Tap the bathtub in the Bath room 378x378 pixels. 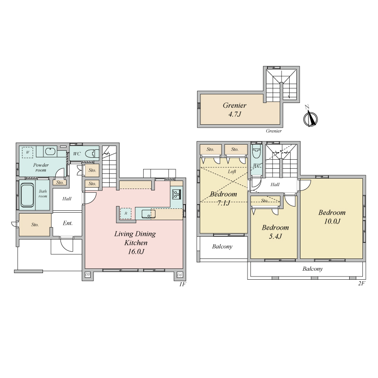(x=27, y=195)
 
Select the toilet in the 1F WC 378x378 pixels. (x=92, y=153)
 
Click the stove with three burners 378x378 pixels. (x=176, y=194)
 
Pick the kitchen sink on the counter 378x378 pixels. (x=148, y=214)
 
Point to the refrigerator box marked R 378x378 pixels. (x=126, y=214)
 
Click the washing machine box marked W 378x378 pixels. (x=27, y=152)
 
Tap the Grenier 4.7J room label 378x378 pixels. (x=234, y=110)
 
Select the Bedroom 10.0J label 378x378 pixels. (x=332, y=217)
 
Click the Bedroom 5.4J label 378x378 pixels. (x=275, y=232)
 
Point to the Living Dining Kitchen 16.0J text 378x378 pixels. (x=135, y=242)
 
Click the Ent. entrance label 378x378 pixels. (x=68, y=223)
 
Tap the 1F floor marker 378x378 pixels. (x=182, y=284)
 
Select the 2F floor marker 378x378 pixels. (x=361, y=283)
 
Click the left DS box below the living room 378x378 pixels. (x=87, y=275)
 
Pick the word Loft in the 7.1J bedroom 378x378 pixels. (x=232, y=172)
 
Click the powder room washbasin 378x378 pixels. (x=51, y=151)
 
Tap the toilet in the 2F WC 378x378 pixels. (x=256, y=151)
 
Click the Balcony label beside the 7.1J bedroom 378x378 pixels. (x=222, y=246)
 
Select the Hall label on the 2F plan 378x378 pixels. (x=275, y=184)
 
